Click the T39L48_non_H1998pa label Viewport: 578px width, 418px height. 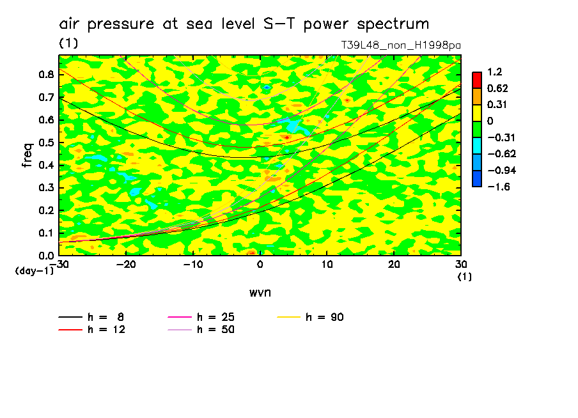tap(401, 45)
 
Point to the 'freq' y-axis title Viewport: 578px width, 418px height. tap(27, 155)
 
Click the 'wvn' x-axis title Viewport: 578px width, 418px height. tap(260, 293)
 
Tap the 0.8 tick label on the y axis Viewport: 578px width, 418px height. tap(45, 75)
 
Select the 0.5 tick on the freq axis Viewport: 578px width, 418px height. tap(45, 143)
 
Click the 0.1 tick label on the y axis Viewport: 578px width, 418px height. tap(45, 233)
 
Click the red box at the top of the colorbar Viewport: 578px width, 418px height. tap(477, 79)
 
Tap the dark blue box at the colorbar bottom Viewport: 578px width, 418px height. tap(477, 178)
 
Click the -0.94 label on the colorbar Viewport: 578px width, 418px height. tap(498, 170)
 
